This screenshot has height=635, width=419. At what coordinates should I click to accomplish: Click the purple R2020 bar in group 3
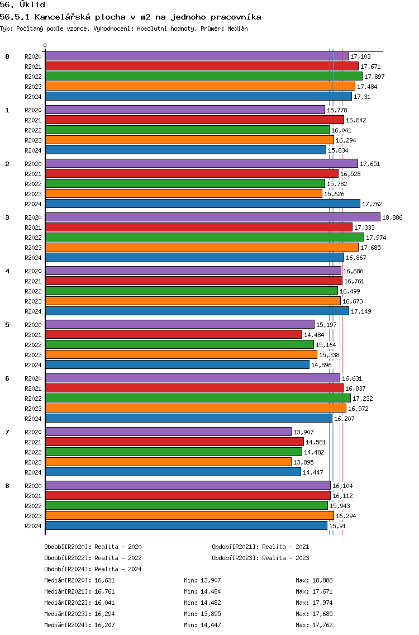(212, 217)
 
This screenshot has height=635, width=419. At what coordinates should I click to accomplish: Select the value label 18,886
(392, 217)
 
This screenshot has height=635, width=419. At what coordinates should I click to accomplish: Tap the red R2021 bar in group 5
(174, 334)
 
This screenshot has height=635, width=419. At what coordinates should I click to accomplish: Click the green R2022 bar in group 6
(198, 398)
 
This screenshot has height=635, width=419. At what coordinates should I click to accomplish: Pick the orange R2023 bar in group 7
(168, 462)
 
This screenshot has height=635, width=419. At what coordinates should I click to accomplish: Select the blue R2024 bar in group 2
(202, 203)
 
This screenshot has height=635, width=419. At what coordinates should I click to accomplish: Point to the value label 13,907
(303, 432)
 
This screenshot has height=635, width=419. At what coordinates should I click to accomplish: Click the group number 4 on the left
(7, 271)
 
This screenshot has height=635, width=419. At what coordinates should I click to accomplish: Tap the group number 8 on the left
(7, 486)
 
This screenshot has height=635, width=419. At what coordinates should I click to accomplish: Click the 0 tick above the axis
(45, 45)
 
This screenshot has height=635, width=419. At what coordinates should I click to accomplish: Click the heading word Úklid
(32, 5)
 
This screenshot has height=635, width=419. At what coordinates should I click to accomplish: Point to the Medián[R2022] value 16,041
(104, 603)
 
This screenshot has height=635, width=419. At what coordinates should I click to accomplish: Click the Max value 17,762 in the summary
(322, 625)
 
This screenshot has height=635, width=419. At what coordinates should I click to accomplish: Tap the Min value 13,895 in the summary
(211, 614)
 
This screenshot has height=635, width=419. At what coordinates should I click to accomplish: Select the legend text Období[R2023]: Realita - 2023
(260, 558)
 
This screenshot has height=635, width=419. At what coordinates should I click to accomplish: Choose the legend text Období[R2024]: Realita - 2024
(93, 569)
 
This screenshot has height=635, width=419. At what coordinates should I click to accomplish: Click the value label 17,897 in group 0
(374, 77)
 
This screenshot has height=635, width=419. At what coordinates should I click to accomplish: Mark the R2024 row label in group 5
(33, 365)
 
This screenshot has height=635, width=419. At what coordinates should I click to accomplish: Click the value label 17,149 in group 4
(361, 311)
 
